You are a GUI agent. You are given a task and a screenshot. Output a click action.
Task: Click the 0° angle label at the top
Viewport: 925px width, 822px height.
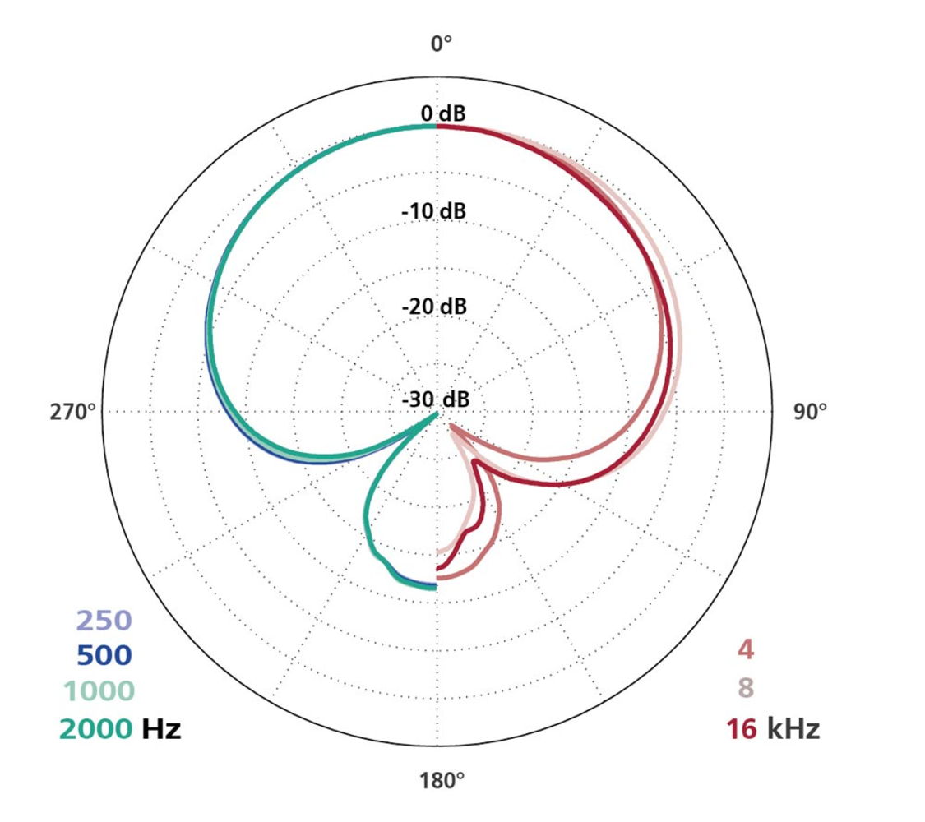pyautogui.click(x=442, y=44)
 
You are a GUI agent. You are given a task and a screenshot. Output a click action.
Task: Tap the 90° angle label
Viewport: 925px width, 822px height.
pyautogui.click(x=810, y=412)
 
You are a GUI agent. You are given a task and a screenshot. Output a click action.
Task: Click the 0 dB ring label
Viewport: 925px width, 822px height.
pyautogui.click(x=442, y=113)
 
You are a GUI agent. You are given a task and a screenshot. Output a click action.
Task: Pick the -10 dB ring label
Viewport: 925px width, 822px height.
pyautogui.click(x=434, y=211)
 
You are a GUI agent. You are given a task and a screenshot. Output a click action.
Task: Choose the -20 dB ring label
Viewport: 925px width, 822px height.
pyautogui.click(x=434, y=307)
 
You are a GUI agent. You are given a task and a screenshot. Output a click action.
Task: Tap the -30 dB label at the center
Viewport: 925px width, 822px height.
pyautogui.click(x=436, y=400)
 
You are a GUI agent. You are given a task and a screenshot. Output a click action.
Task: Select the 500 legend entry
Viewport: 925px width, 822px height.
pyautogui.click(x=104, y=656)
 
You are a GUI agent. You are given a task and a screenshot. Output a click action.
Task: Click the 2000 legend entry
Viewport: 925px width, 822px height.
pyautogui.click(x=95, y=727)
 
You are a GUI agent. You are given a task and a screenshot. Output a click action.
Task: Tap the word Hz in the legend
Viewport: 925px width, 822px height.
pyautogui.click(x=161, y=727)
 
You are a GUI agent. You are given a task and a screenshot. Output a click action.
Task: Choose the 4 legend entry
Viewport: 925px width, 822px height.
pyautogui.click(x=745, y=650)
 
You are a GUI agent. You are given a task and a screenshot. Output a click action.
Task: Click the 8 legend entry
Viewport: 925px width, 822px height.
pyautogui.click(x=746, y=687)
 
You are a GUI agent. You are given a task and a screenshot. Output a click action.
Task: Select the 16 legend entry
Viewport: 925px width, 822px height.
pyautogui.click(x=742, y=728)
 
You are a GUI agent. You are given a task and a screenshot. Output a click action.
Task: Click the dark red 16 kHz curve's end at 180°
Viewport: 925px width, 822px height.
pyautogui.click(x=437, y=568)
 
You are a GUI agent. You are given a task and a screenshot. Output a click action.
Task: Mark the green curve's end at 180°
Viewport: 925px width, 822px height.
pyautogui.click(x=434, y=584)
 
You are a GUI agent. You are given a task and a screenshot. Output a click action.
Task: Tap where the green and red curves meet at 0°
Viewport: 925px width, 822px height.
pyautogui.click(x=437, y=127)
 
